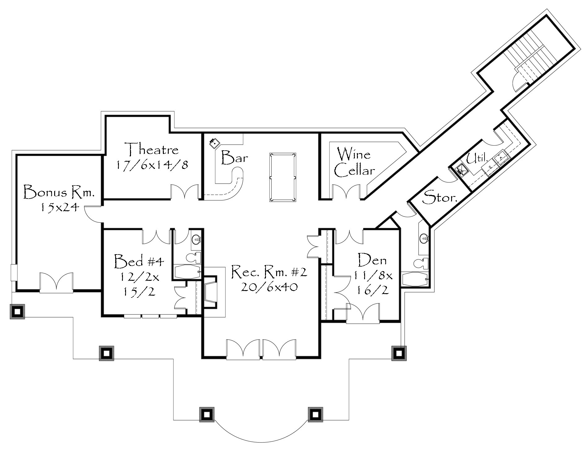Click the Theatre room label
point(153,150)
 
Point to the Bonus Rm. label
point(59,192)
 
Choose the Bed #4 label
point(138,261)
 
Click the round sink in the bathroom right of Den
point(424,238)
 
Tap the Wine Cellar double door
point(346,191)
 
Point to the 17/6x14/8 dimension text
point(153,165)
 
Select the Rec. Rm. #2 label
point(269,272)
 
